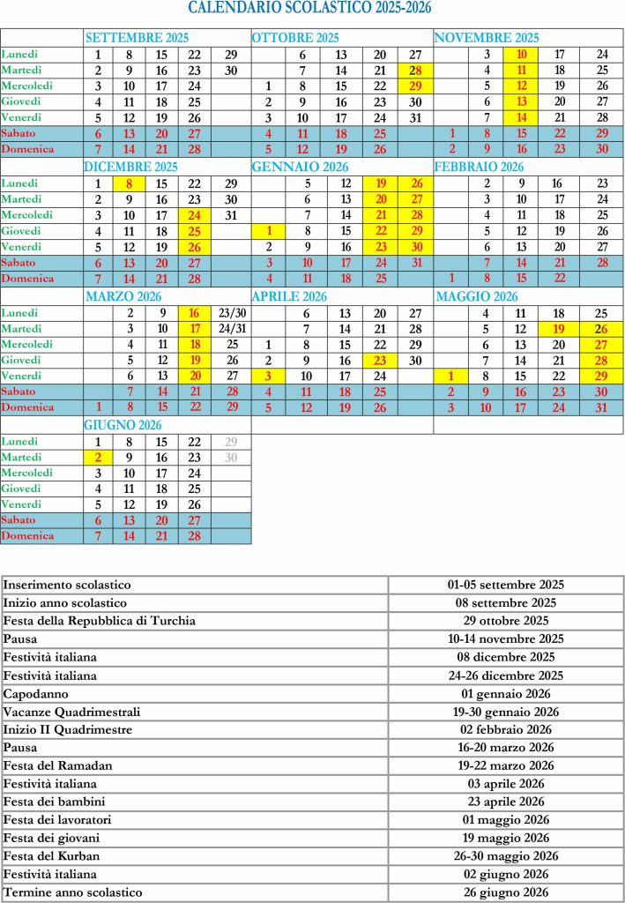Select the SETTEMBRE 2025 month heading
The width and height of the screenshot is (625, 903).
pos(137,38)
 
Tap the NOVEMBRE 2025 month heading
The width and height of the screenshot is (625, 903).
pos(486,38)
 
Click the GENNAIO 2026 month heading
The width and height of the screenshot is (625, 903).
pos(300,167)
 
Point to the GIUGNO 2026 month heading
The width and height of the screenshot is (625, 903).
pos(123,424)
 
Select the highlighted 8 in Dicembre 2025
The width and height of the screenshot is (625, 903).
pos(130,183)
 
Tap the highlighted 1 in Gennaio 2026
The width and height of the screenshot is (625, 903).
pos(267,231)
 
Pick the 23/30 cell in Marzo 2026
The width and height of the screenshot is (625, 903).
pos(233,312)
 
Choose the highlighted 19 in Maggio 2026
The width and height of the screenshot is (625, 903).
pos(558,328)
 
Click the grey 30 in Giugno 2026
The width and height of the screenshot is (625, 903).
pos(232,457)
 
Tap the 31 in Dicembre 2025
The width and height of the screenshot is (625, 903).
pos(232,215)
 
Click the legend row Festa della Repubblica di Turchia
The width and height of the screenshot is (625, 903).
pos(99,621)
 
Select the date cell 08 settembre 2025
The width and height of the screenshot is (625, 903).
pos(505,603)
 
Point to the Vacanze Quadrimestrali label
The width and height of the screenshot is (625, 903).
pos(72,712)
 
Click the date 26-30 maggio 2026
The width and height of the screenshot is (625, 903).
pos(505,856)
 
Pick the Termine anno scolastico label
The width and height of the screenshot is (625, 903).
pos(73,892)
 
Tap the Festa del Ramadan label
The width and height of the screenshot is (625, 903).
pos(58,765)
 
